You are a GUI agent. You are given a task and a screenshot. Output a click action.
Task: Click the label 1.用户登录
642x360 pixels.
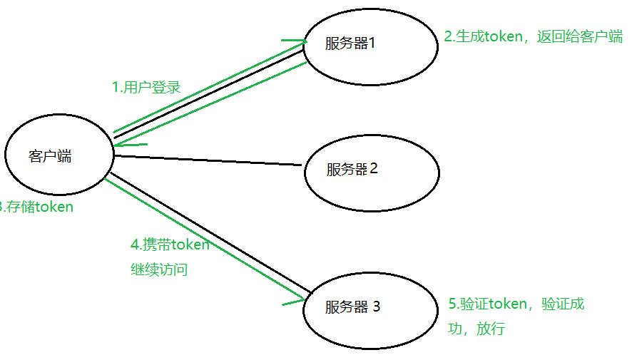146,88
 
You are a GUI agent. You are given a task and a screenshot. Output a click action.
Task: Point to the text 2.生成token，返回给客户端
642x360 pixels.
533,36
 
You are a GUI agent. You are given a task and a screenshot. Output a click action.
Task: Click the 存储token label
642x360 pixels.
39,207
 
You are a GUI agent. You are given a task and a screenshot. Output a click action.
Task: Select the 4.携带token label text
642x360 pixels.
170,245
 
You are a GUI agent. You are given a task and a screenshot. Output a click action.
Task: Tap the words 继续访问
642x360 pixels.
158,270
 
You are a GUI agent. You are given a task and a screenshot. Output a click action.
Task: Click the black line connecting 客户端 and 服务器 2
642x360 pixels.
207,160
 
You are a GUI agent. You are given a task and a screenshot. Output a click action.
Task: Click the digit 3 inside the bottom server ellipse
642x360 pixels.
376,307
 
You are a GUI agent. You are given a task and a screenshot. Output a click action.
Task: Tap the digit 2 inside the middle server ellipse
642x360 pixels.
373,169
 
